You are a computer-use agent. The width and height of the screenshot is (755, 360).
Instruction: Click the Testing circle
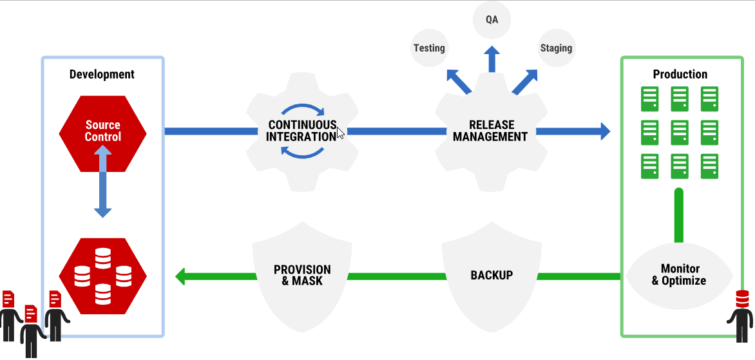[x=429, y=48]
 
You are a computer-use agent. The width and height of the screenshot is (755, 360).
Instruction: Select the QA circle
[x=492, y=20]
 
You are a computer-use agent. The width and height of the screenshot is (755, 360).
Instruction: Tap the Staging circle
[x=556, y=48]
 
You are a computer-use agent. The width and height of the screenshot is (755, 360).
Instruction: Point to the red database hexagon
[x=102, y=276]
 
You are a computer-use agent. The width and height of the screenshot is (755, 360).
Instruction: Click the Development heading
[x=102, y=74]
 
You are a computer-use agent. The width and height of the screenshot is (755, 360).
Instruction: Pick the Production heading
[x=680, y=74]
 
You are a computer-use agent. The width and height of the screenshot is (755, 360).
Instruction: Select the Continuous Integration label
[x=302, y=131]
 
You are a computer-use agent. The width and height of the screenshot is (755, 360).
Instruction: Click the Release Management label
[x=490, y=131]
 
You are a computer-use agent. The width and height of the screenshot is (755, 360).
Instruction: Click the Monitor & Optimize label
[x=679, y=275]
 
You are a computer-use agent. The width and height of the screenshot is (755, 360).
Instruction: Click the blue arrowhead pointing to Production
[x=604, y=131]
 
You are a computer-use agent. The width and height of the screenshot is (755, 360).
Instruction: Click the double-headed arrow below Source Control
[x=102, y=182]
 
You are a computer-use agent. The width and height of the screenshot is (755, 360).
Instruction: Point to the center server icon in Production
[x=680, y=133]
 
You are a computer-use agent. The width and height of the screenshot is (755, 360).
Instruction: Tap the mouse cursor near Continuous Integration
[x=340, y=133]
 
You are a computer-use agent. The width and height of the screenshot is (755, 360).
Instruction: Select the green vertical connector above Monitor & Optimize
[x=679, y=216]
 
